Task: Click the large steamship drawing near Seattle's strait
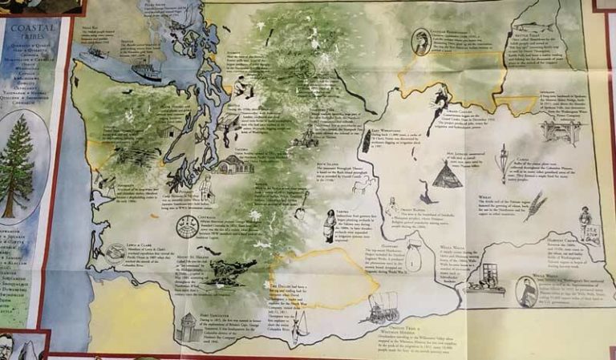point(147,71)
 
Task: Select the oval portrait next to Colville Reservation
point(421,42)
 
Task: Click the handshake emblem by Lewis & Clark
point(116,253)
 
